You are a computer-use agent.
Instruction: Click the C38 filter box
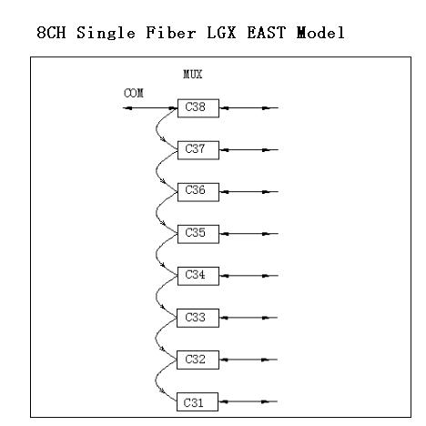point(198,108)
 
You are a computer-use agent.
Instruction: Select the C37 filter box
point(198,150)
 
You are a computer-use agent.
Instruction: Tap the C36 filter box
point(198,192)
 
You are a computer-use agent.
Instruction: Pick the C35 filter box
point(198,234)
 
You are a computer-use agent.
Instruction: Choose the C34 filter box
point(198,276)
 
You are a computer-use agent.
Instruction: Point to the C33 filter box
point(198,318)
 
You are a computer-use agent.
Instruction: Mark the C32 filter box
point(198,360)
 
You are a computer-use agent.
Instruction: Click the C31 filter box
point(198,401)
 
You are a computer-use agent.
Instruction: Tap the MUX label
point(193,75)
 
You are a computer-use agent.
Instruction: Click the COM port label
point(134,93)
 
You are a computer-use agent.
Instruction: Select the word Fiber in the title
point(171,33)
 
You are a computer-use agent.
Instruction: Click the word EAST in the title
point(267,33)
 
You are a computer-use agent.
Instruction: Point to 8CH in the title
point(51,33)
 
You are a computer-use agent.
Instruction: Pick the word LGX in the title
point(221,33)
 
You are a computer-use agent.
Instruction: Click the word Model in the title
point(320,33)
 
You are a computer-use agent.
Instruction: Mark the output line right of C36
point(248,192)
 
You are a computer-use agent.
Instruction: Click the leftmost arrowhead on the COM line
point(127,107)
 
